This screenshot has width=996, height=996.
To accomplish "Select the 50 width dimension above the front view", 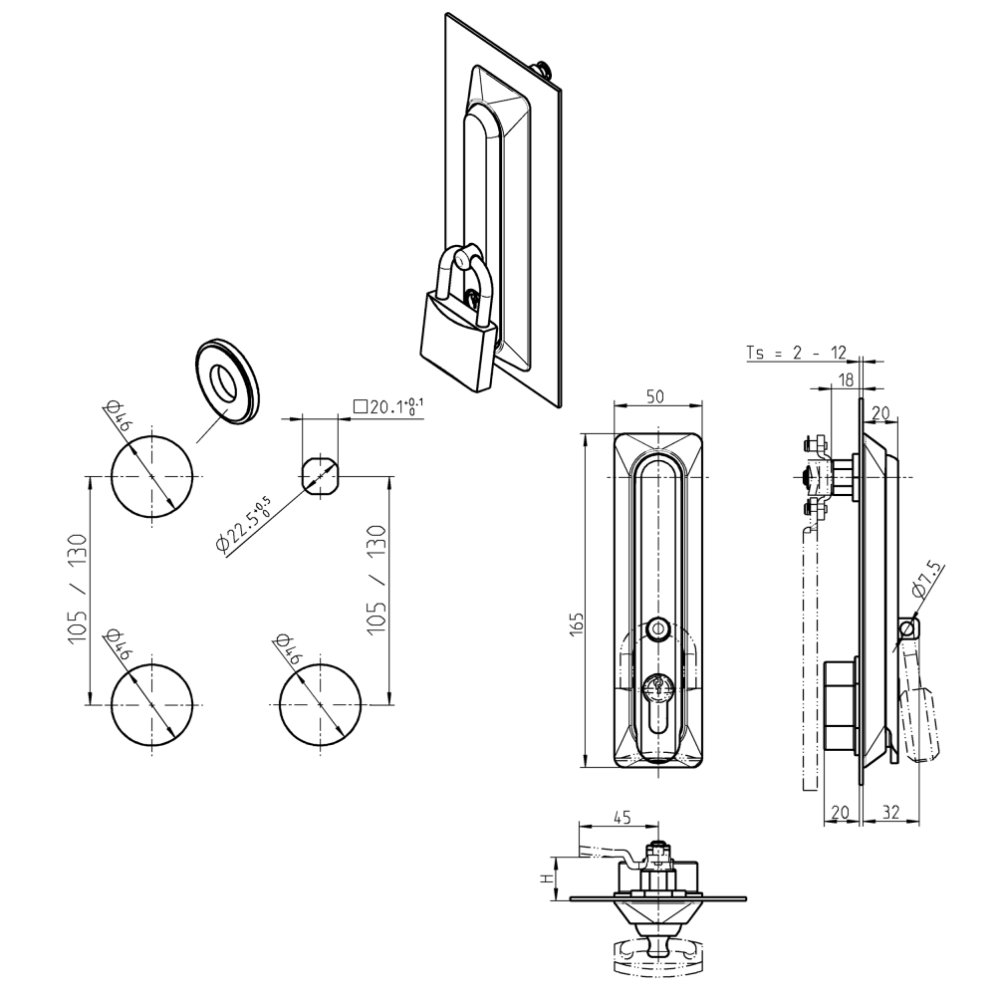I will point(656,396).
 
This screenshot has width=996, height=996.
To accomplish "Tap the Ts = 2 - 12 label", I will point(796,353).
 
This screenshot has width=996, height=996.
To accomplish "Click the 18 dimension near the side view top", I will point(845,378).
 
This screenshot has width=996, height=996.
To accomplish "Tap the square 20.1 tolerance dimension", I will point(389,407).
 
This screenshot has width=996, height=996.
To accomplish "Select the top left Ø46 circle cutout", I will point(151,475).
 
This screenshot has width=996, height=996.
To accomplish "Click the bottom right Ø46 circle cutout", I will point(321,702).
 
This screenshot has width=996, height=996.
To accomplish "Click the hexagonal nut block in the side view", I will point(840,706).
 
